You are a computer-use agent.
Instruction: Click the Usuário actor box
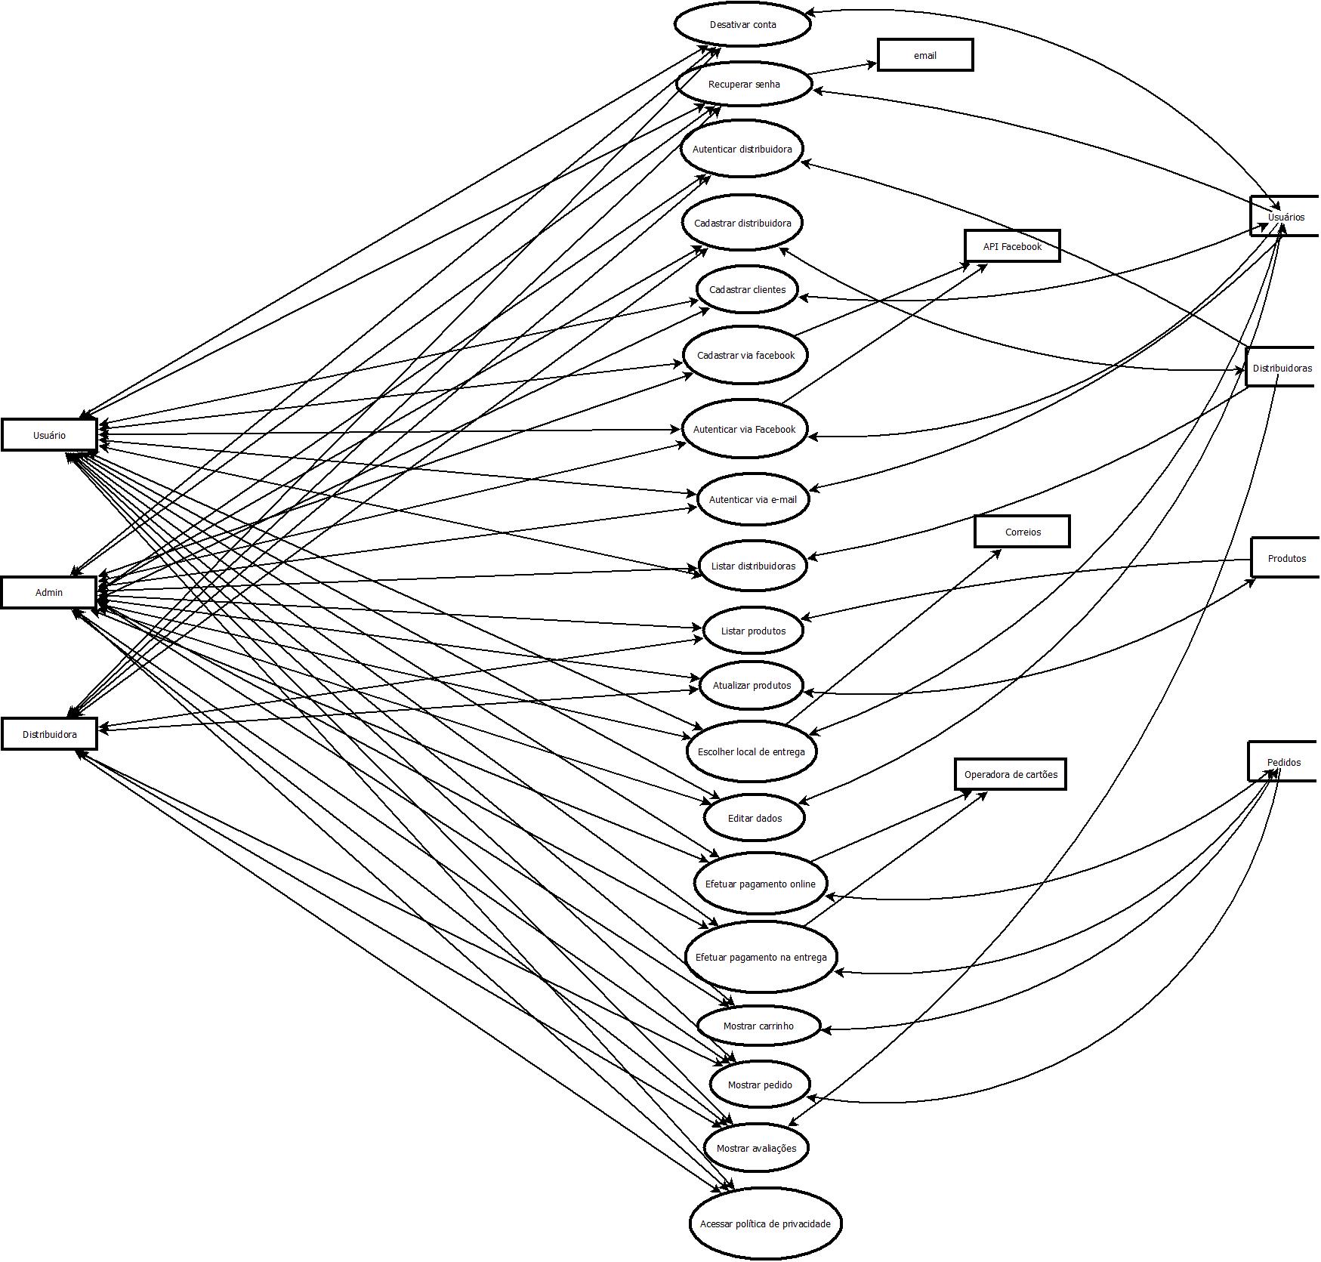tap(49, 435)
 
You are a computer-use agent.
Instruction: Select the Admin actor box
tap(49, 592)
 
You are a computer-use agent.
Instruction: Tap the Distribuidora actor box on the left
tap(49, 734)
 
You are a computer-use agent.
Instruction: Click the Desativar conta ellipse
tap(742, 24)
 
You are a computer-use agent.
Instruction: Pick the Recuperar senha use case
tap(744, 84)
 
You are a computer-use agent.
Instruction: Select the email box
tap(925, 55)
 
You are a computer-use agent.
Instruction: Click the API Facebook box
tap(1012, 246)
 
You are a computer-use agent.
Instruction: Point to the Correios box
tap(1023, 532)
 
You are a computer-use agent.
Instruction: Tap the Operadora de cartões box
tap(1011, 774)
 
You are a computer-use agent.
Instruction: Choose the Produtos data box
tap(1286, 558)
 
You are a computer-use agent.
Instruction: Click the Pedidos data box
tap(1283, 762)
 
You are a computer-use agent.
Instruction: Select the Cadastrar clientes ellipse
tap(747, 289)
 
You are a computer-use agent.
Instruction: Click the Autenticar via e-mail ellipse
tap(752, 499)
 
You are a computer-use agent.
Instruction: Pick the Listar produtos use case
tap(753, 631)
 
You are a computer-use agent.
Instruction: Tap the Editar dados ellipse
tap(755, 818)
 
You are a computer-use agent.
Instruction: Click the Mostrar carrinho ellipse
tap(758, 1026)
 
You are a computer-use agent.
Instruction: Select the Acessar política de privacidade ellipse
tap(765, 1223)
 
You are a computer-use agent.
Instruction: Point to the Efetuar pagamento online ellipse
tap(760, 884)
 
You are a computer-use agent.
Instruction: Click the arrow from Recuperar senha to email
tap(842, 69)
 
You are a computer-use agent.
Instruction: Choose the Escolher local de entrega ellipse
tap(752, 751)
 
